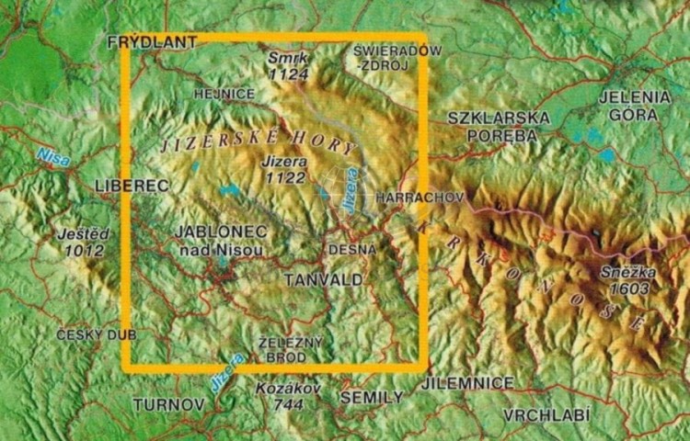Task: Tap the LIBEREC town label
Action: (132, 187)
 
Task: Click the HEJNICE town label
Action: (224, 94)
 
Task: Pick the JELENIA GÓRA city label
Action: (634, 105)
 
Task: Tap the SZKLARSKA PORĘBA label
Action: (499, 127)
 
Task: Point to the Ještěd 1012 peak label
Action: (80, 243)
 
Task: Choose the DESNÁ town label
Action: (352, 249)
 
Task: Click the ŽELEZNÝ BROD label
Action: (291, 349)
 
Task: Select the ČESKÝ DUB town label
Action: (96, 334)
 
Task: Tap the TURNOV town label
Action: (167, 404)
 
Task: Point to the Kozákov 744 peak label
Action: (289, 396)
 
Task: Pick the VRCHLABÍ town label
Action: (546, 415)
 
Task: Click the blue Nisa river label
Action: (52, 157)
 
